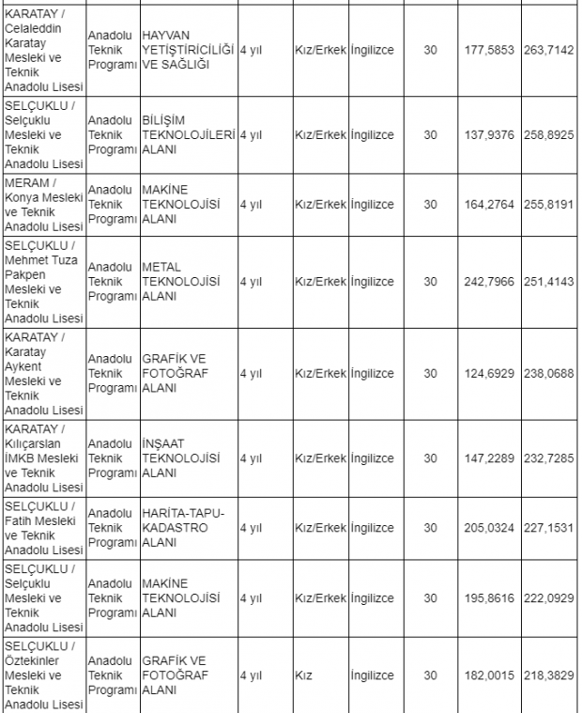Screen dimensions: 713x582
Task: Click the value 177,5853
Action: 489,50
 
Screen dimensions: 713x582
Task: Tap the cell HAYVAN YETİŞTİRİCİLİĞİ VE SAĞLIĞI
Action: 188,49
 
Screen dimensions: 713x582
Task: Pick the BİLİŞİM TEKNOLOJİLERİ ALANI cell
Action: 188,134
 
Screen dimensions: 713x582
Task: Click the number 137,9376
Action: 489,134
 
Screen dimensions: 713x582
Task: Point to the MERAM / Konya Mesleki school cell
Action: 44,204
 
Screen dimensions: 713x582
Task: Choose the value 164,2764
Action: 489,204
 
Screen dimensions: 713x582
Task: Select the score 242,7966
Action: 489,281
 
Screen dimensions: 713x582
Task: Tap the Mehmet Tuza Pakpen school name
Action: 44,281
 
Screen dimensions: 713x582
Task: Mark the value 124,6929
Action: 489,373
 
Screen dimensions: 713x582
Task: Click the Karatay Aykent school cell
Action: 44,373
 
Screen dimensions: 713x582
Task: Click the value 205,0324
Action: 489,528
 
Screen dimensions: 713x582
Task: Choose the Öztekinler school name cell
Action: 44,675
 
